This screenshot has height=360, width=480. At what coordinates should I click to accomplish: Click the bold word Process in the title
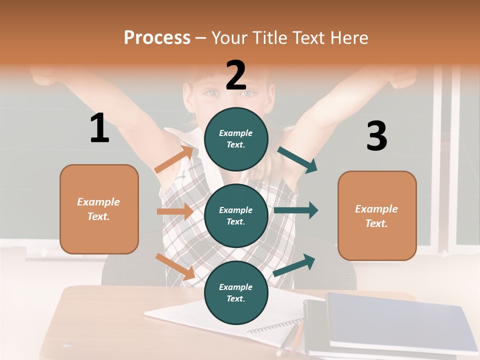(157, 37)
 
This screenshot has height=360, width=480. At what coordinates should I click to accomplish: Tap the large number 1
(99, 128)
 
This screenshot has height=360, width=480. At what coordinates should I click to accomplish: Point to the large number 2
(236, 75)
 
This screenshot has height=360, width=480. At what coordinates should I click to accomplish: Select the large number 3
(376, 136)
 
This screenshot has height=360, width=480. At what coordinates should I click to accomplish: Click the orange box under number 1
(99, 209)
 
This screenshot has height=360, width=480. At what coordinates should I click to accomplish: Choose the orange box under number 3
(377, 215)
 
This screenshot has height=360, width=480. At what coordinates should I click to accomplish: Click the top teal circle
(236, 139)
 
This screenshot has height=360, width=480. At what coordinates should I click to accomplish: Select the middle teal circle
(236, 215)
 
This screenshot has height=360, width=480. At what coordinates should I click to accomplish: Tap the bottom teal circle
(236, 292)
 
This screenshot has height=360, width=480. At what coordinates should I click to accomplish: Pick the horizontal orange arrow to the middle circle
(175, 211)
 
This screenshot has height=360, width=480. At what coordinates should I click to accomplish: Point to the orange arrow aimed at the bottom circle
(175, 266)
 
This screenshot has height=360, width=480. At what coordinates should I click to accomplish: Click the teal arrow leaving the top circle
(297, 159)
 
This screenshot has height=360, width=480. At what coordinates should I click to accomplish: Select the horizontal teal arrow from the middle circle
(296, 210)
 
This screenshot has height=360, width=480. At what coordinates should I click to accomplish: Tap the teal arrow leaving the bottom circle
(294, 265)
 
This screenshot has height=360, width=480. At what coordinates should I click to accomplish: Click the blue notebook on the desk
(400, 320)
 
